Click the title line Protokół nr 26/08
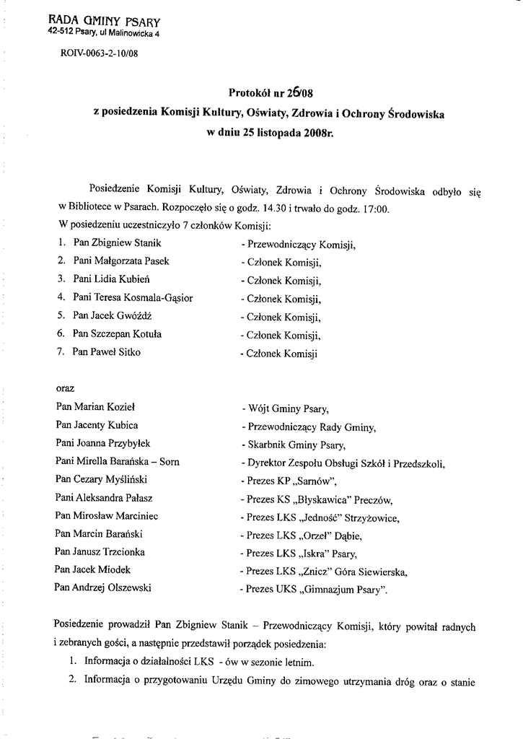[271, 92]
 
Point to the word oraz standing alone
[65, 388]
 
